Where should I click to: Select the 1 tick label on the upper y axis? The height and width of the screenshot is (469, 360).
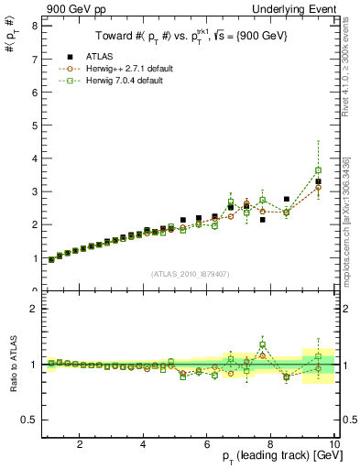point(33,258)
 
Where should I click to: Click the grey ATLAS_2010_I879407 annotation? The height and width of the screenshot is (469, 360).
point(190,274)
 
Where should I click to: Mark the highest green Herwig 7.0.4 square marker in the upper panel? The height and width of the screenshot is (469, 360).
point(318,170)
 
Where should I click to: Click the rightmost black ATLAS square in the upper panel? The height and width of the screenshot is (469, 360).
point(318,181)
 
